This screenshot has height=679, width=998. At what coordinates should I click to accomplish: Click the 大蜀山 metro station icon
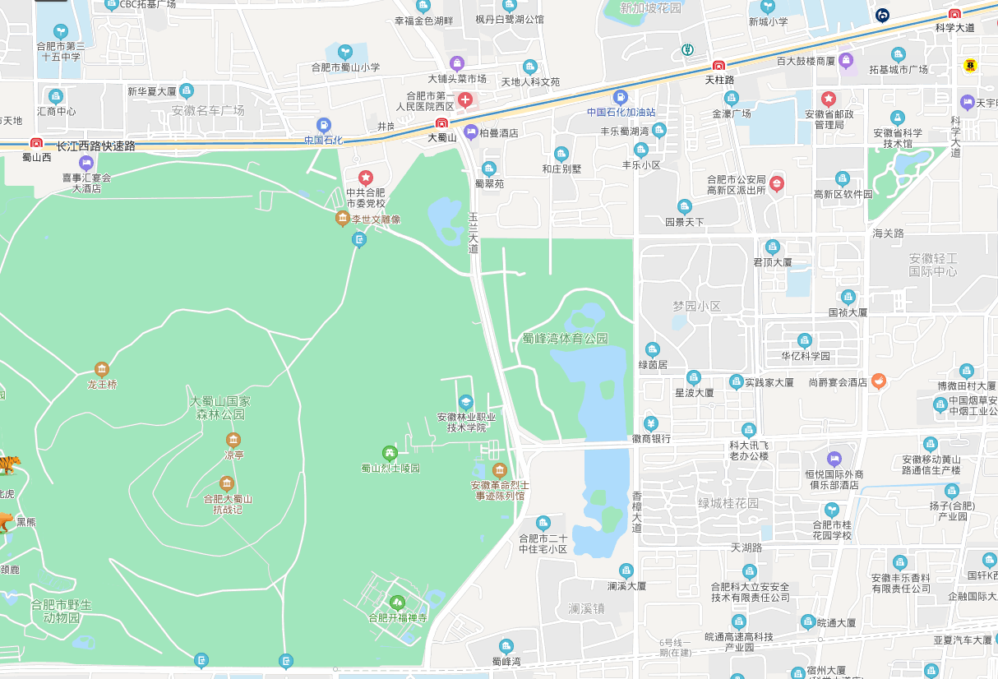point(442,124)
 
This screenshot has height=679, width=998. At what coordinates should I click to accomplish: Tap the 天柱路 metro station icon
point(718,66)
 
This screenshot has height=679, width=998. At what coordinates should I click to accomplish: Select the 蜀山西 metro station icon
point(36,143)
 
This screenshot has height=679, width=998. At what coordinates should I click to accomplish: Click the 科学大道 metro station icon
point(954,14)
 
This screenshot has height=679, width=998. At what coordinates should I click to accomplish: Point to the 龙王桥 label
point(102,384)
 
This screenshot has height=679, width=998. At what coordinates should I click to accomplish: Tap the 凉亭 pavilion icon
point(233,439)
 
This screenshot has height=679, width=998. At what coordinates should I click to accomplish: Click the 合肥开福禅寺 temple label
point(398,617)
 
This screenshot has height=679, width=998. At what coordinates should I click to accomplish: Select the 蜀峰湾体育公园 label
point(565,338)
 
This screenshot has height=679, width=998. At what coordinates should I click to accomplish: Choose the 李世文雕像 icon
point(343,219)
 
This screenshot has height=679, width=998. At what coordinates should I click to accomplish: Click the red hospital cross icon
point(465,100)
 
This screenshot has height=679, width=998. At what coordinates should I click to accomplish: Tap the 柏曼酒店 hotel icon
point(471,132)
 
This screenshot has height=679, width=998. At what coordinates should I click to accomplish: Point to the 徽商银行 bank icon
point(650,423)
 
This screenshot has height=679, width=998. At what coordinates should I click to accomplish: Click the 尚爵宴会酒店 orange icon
point(879,381)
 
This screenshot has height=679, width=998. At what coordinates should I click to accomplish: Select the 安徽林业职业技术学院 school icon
point(466,402)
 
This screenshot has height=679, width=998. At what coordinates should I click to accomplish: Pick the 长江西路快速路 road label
point(95,145)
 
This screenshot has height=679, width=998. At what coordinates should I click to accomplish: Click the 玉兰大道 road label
point(473,233)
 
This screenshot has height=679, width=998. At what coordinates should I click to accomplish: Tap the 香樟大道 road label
point(636,511)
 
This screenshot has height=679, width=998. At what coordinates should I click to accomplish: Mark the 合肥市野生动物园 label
point(61,610)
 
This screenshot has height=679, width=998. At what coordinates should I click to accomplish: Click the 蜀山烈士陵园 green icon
point(390,453)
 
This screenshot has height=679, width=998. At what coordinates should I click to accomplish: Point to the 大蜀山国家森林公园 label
point(220,409)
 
